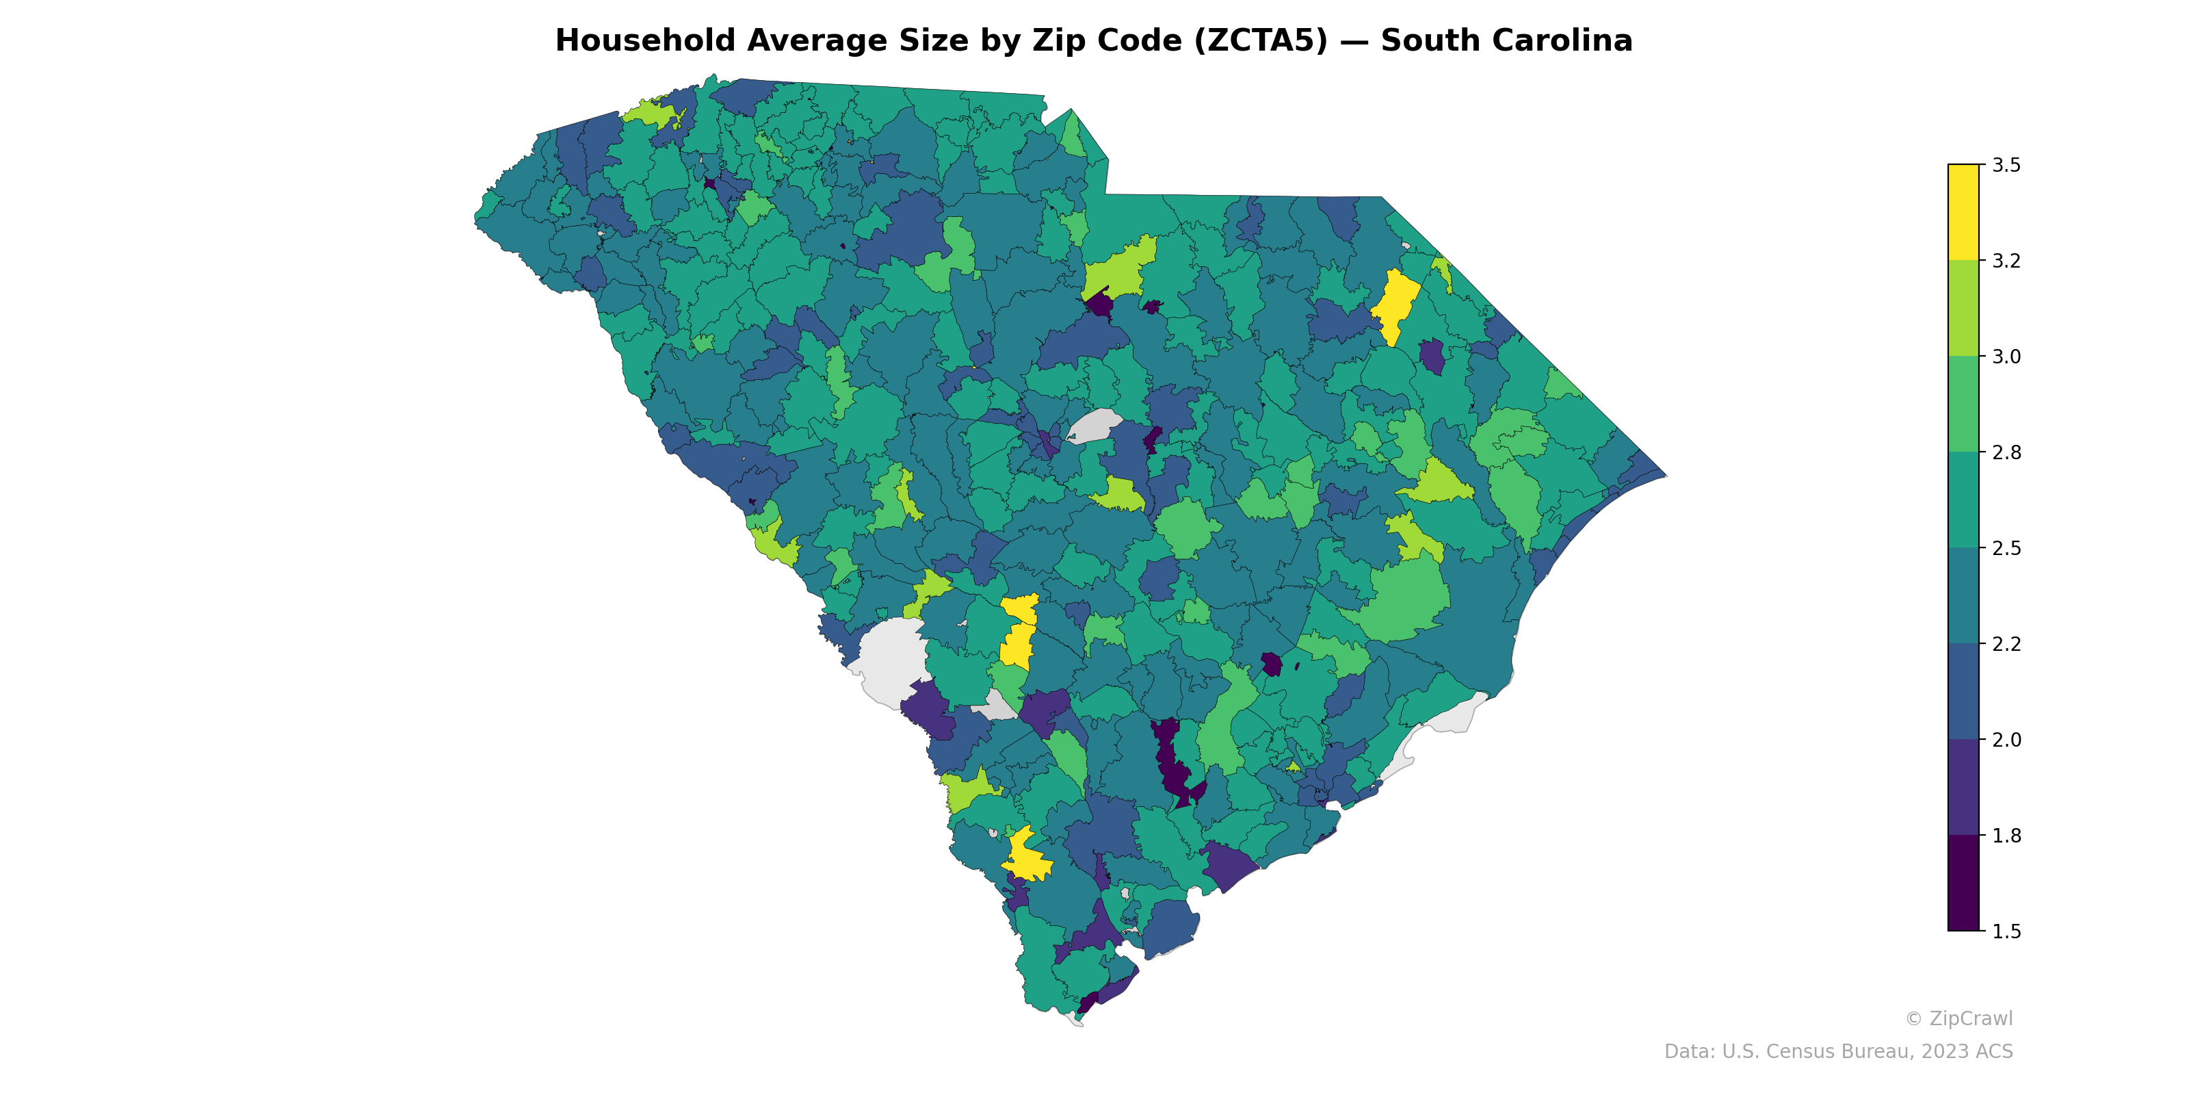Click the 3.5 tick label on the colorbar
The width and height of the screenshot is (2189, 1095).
click(x=2006, y=165)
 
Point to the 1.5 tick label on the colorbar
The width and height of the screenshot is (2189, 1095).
click(x=2006, y=931)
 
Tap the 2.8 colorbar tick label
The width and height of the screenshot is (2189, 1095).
click(x=2006, y=452)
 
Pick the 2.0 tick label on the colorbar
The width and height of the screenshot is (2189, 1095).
click(x=2006, y=740)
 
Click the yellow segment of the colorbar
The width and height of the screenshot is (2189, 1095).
click(x=1963, y=213)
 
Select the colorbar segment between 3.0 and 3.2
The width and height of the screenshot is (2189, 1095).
click(x=1963, y=309)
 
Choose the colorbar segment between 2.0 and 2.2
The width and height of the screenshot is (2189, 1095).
click(x=1963, y=692)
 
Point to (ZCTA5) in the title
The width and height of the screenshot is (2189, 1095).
click(x=1260, y=41)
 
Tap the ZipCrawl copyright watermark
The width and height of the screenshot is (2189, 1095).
click(x=1958, y=1018)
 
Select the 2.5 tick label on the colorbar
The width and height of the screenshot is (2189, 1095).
click(x=2006, y=548)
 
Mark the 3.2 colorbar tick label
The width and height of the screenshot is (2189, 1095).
click(x=2006, y=261)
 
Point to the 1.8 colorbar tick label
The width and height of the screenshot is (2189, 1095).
click(x=2006, y=836)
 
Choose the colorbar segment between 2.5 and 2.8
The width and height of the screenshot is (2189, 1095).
click(x=1963, y=500)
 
